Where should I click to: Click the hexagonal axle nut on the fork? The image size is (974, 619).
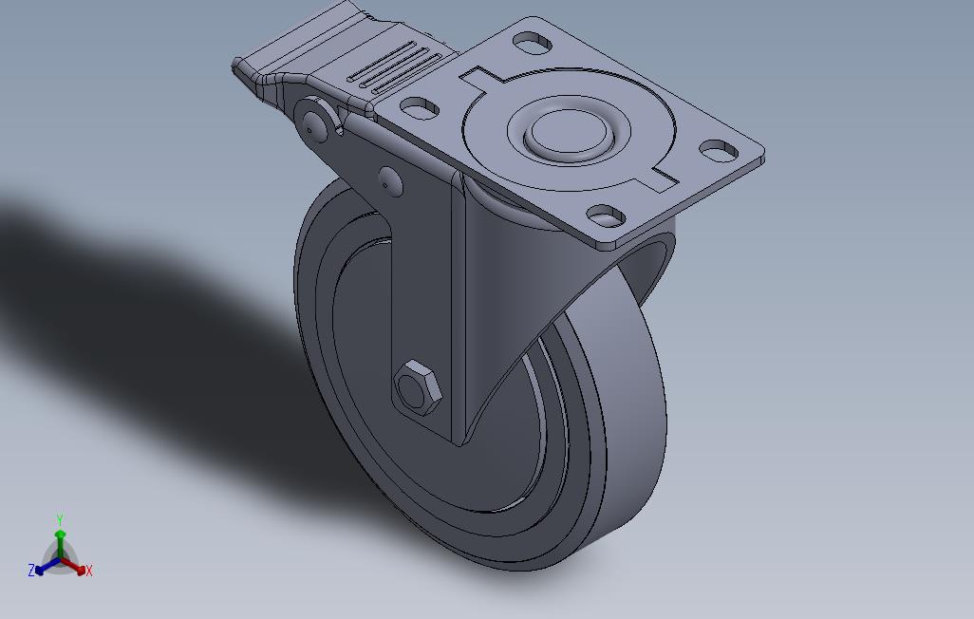(x=418, y=386)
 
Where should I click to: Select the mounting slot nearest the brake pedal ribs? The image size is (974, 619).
(x=420, y=107)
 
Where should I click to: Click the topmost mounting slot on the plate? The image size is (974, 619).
(x=533, y=43)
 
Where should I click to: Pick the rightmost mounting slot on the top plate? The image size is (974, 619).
(x=719, y=150)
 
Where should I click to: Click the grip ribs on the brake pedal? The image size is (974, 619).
(x=395, y=67)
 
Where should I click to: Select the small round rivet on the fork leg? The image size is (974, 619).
(x=389, y=181)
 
